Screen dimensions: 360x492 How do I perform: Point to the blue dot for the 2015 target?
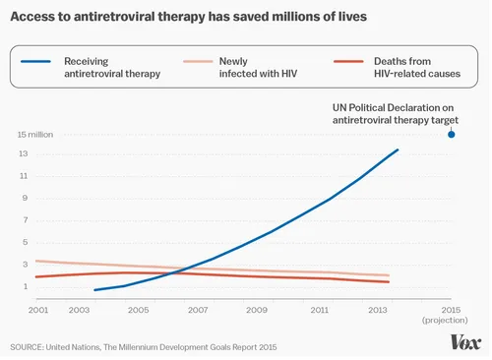point(452,135)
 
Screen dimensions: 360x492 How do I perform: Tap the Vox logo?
point(464,341)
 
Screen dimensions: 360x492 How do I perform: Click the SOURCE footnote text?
point(147,347)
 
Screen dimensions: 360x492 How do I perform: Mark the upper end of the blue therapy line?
point(398,150)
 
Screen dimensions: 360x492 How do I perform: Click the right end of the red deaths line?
point(389,282)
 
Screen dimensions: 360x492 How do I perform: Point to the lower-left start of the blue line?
point(95,290)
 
